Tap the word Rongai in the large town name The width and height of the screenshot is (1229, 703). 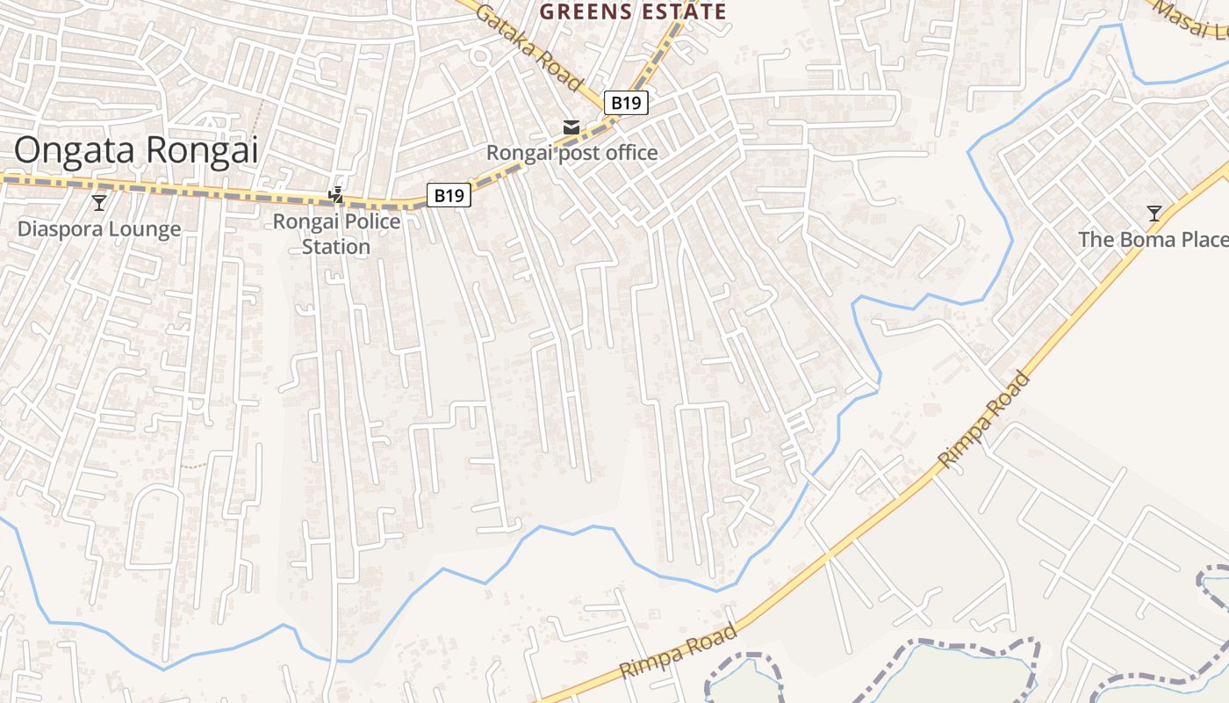(201, 150)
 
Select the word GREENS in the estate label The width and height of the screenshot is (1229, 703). (586, 11)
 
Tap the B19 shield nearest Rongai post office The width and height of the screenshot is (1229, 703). (626, 103)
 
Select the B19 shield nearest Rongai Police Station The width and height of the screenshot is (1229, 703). (449, 195)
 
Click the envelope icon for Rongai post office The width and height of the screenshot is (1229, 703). (571, 128)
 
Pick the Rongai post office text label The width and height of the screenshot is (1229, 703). (571, 153)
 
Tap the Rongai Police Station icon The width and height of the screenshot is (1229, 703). (335, 194)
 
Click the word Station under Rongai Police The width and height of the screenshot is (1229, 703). (336, 246)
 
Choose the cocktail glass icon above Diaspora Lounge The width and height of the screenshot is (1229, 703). (99, 203)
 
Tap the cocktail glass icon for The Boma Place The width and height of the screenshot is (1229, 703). (1154, 214)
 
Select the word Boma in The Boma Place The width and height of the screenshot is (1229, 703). (1142, 239)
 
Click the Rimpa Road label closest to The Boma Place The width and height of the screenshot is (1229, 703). (984, 419)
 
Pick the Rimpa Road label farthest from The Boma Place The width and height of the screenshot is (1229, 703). (679, 651)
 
